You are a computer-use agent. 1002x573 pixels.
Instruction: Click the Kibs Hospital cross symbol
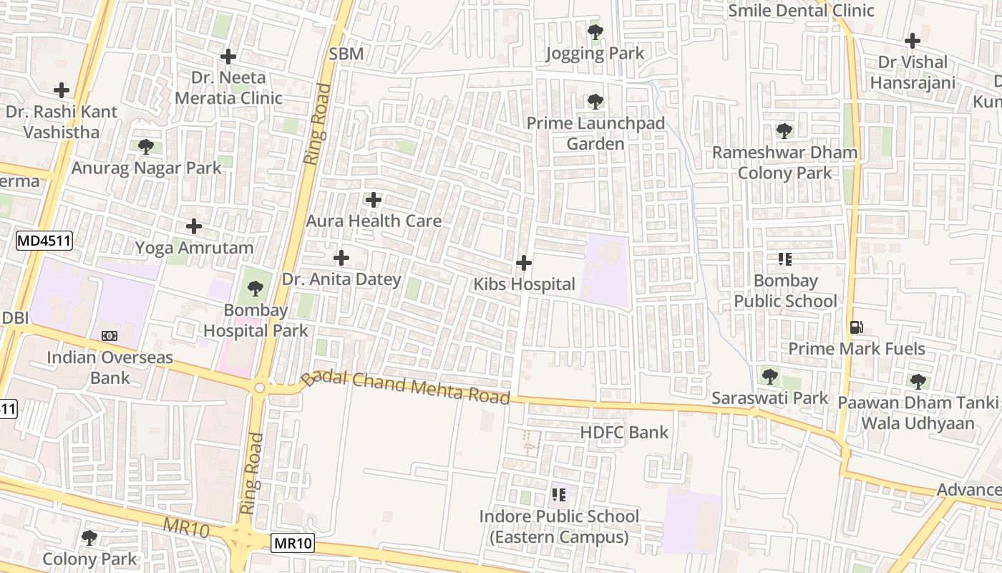point(524,263)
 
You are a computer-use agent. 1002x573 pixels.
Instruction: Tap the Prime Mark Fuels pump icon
point(856,327)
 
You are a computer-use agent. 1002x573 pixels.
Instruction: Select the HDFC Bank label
point(624,432)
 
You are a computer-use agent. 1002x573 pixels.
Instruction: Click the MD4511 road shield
point(44,241)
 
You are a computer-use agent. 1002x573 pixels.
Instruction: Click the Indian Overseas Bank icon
point(110,335)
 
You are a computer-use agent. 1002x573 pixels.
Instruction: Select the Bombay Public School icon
point(784,259)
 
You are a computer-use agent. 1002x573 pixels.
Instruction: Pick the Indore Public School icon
point(559,494)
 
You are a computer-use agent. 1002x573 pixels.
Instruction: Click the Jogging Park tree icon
point(595,32)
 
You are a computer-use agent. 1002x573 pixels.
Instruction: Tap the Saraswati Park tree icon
point(769,376)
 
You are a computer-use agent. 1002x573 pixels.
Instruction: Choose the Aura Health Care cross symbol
point(374,199)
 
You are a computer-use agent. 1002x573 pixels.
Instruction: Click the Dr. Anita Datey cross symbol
point(341,257)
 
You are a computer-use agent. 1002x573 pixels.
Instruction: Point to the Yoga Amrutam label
point(195,248)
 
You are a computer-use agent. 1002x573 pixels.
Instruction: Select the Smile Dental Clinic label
point(801,11)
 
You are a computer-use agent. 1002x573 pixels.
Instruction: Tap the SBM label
point(346,54)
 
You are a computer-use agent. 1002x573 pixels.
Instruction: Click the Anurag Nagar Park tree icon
point(146,147)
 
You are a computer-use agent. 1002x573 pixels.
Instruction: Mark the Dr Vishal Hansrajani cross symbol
point(912,40)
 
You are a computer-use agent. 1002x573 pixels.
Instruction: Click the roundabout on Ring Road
point(259,387)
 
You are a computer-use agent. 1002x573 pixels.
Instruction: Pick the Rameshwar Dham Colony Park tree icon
point(784,131)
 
